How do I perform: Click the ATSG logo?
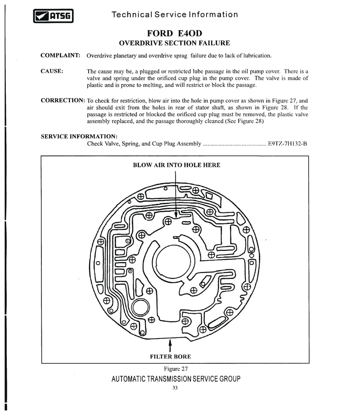[x=53, y=16]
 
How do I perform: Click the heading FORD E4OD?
[x=175, y=33]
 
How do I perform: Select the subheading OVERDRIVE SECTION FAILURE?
[x=175, y=43]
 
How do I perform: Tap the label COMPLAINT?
[x=60, y=55]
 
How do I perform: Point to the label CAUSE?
[x=52, y=71]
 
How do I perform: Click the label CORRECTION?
[x=63, y=100]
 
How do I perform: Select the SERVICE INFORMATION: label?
[x=79, y=137]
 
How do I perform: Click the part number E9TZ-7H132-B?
[x=288, y=144]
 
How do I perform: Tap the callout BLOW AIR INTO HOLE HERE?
[x=177, y=165]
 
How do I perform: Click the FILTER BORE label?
[x=171, y=357]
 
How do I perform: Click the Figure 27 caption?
[x=175, y=369]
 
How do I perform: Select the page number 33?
[x=175, y=388]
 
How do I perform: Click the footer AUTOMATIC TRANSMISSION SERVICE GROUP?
[x=176, y=379]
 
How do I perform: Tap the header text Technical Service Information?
[x=175, y=14]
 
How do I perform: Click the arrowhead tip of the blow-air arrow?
[x=175, y=218]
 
